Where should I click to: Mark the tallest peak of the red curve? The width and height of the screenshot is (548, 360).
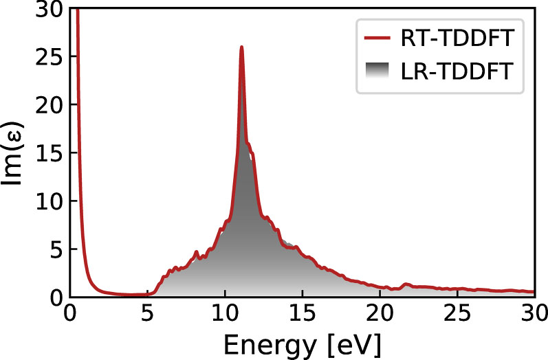(241, 47)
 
